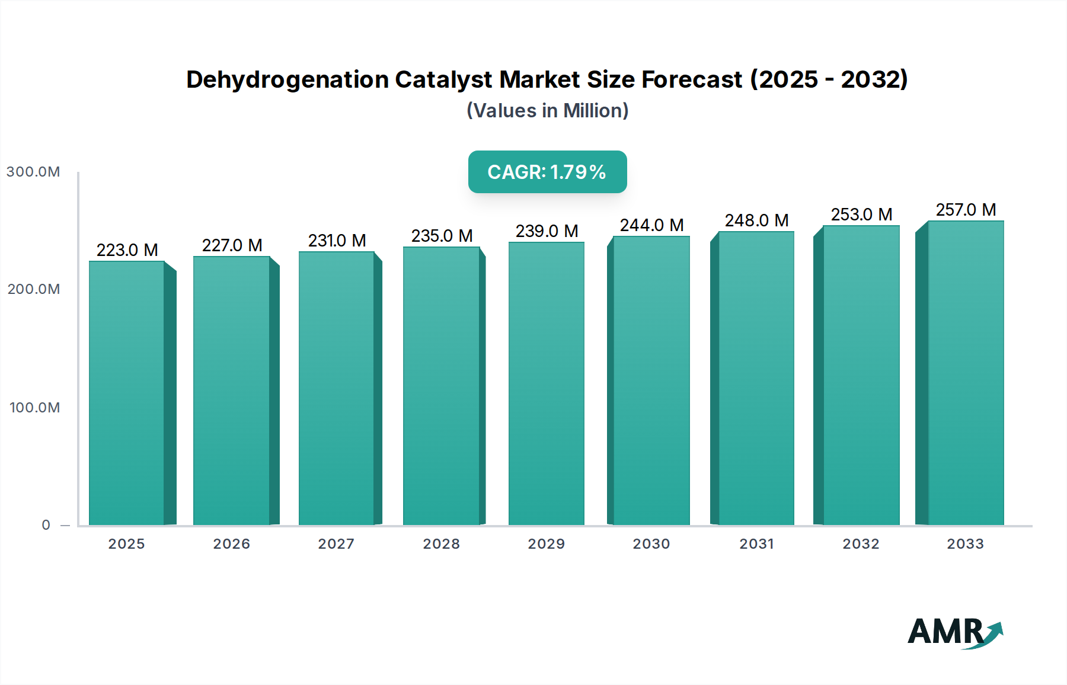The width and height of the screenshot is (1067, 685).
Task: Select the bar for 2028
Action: pos(441,386)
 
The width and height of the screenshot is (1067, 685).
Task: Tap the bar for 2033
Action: pos(966,373)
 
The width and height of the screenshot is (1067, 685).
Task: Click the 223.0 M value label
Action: pos(127,250)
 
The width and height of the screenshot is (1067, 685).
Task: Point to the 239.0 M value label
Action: pos(547,231)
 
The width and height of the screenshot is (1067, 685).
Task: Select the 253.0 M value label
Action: pos(861,215)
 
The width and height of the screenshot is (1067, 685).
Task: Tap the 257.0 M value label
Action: pos(966,210)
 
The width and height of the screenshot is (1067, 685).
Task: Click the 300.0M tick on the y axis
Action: pos(33,172)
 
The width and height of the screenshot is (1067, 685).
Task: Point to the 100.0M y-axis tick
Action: pos(34,408)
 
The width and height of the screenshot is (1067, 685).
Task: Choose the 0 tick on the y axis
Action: pos(46,525)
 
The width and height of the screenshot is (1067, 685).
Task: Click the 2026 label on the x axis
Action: pos(232,544)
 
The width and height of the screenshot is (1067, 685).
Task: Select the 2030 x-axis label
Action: pos(651,544)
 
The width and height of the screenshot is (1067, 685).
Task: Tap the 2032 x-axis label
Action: pos(861,544)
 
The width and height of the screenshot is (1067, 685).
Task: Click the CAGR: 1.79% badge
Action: pos(547,172)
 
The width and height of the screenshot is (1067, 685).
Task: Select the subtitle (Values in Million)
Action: pos(547,111)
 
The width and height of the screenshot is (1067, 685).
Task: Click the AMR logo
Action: pos(954,632)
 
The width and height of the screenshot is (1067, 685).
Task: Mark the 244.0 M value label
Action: pos(651,225)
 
